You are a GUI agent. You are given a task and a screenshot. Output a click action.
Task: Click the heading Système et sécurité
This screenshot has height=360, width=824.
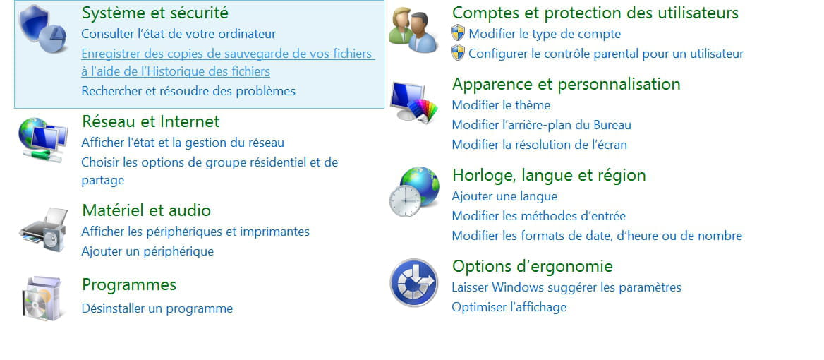[x=155, y=12]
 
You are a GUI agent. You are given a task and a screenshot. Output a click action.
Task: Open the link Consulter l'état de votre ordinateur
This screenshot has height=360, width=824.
[x=178, y=34]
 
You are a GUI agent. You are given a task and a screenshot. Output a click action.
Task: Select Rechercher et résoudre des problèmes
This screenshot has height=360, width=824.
[x=188, y=91]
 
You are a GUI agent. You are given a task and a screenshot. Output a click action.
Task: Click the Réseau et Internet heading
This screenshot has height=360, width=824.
[x=151, y=121]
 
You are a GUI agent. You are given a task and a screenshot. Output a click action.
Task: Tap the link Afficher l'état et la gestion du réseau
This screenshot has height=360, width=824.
[x=182, y=143]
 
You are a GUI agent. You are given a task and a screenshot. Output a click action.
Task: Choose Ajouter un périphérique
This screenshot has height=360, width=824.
[x=147, y=251]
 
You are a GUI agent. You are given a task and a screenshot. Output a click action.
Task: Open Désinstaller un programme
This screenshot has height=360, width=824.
[x=157, y=308]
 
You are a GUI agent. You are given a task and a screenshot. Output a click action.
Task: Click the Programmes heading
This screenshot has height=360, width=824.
[x=128, y=285]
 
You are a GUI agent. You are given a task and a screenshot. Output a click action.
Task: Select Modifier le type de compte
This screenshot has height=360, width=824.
[x=545, y=34]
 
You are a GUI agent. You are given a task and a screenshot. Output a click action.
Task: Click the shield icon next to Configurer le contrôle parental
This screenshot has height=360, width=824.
[x=458, y=53]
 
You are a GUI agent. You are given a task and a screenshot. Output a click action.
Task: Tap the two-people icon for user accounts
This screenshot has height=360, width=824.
[x=413, y=30]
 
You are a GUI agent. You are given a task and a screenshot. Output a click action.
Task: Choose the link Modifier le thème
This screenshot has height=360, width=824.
[x=501, y=105]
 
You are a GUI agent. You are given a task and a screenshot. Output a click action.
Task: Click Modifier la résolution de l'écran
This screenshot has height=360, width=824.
[x=539, y=145]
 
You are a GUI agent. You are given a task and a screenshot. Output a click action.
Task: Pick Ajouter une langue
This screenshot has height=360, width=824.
[x=504, y=196]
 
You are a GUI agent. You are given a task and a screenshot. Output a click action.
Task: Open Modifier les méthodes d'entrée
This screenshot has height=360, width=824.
[x=539, y=216]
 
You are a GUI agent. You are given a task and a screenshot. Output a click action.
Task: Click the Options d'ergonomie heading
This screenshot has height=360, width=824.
[x=533, y=266]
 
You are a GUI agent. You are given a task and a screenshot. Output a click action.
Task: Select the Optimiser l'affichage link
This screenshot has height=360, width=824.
[x=509, y=307]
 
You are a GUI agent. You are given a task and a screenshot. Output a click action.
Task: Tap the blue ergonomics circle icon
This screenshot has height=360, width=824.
[x=414, y=282]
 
